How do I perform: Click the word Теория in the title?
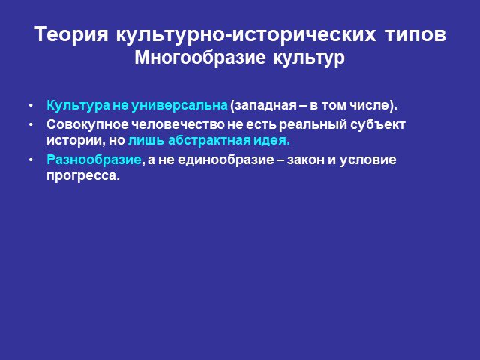click(71, 34)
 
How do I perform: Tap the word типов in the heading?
click(415, 35)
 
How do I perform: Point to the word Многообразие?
click(200, 58)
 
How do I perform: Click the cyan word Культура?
click(78, 105)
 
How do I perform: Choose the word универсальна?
click(180, 106)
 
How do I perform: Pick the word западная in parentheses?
click(263, 106)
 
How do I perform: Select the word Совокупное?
click(88, 124)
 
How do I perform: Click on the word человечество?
click(178, 124)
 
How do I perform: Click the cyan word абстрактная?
click(209, 140)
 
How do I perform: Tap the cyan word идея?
click(271, 141)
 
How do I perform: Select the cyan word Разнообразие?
click(94, 160)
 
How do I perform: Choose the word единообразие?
click(226, 160)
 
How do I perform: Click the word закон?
click(306, 160)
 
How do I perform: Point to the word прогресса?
click(82, 176)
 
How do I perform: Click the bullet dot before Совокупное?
click(31, 125)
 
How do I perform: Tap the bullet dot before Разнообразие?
click(31, 160)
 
